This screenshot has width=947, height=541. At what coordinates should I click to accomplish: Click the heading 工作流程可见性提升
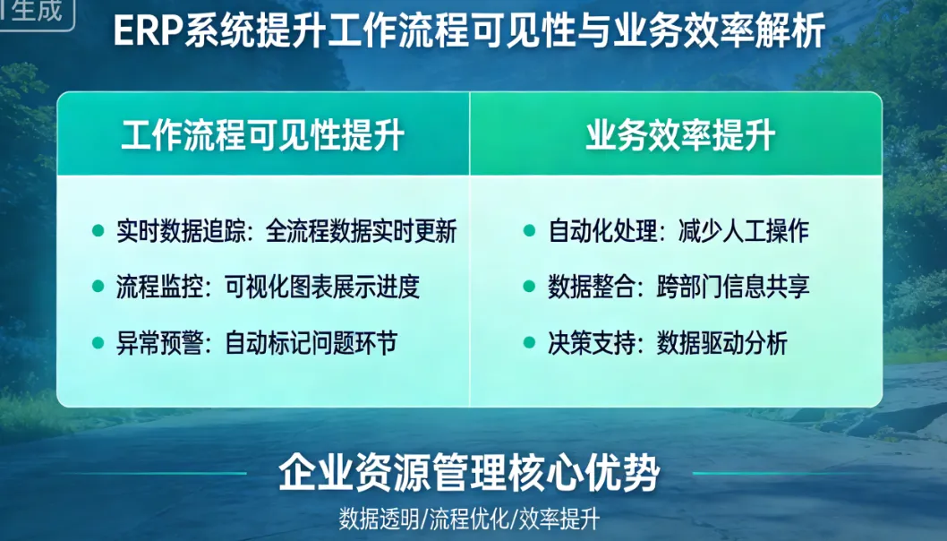click(263, 135)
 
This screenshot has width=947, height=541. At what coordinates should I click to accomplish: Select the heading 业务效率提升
click(680, 135)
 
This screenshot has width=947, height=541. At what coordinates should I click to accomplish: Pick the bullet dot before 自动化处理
click(530, 231)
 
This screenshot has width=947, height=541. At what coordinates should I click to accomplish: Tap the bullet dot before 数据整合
click(530, 287)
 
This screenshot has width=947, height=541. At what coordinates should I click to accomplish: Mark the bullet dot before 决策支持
click(530, 342)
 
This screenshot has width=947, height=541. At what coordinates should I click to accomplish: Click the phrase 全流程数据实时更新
click(362, 232)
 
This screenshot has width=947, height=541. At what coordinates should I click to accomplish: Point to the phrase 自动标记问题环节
click(311, 343)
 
